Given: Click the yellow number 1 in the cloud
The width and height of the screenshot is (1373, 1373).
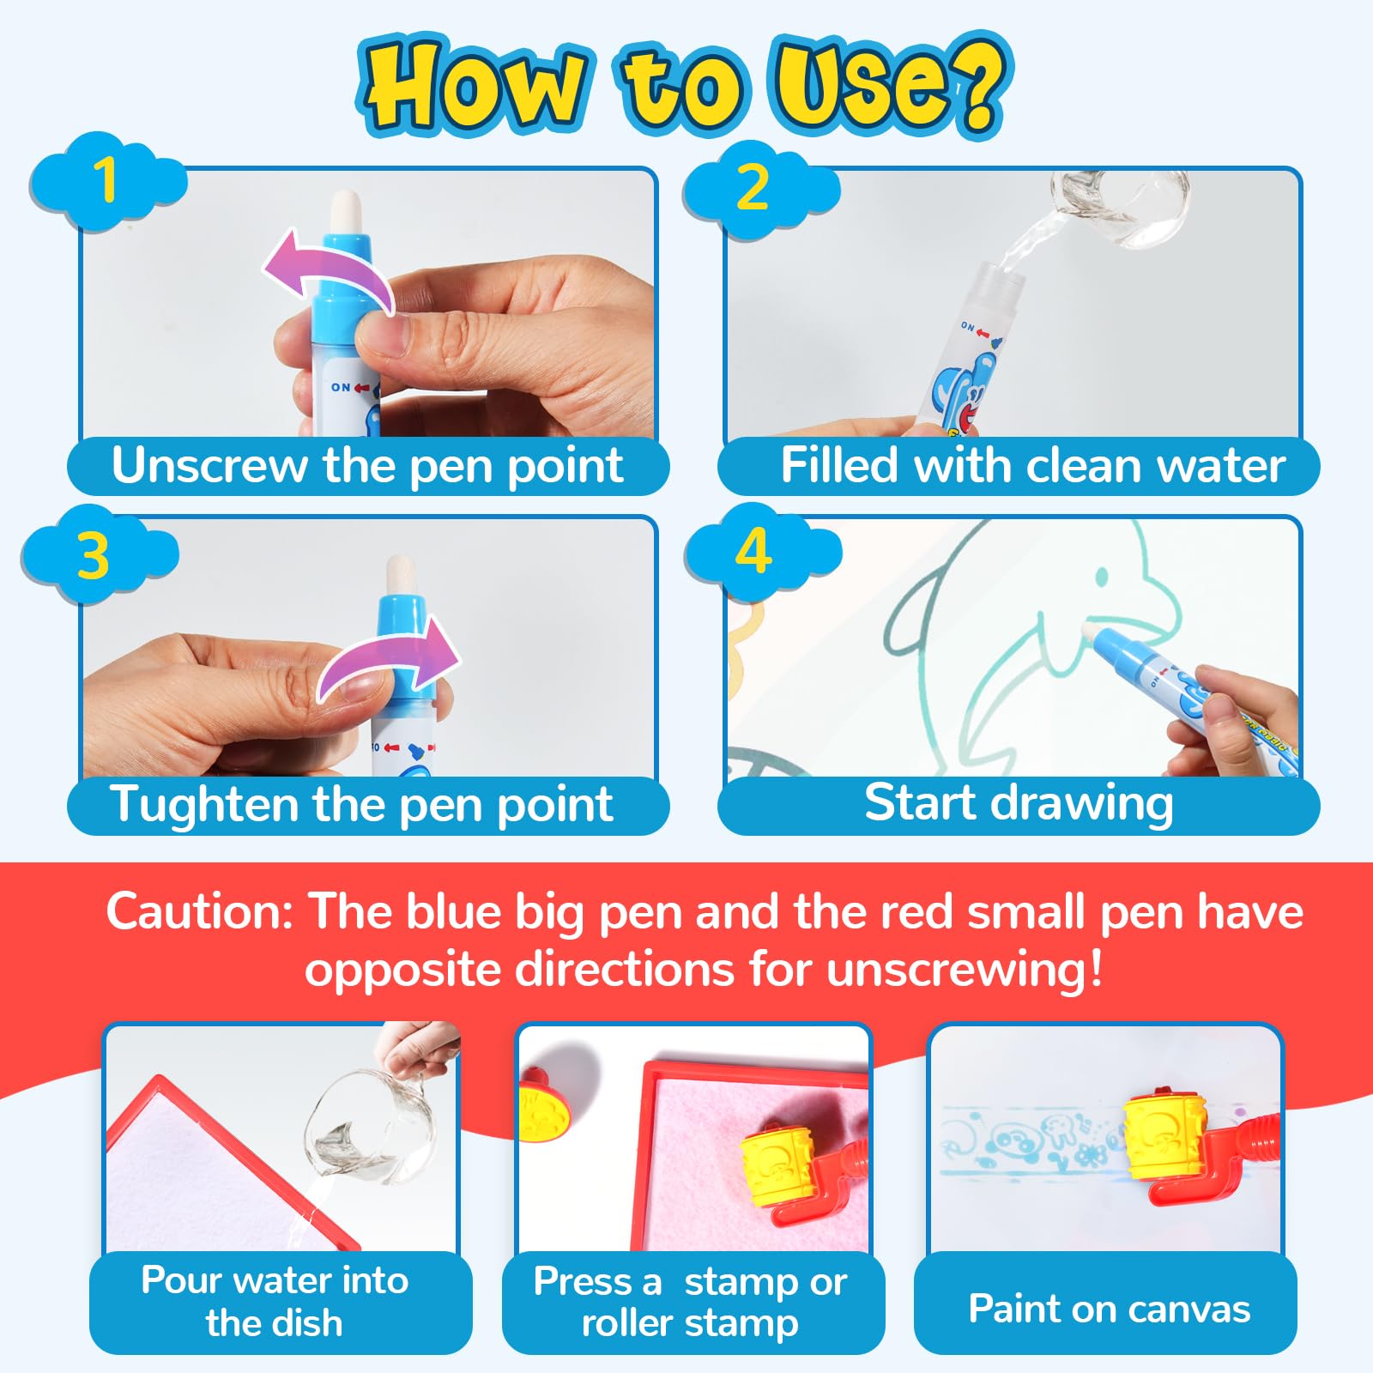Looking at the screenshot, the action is (x=106, y=180).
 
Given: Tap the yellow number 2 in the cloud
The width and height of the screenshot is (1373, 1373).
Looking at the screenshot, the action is (x=753, y=187).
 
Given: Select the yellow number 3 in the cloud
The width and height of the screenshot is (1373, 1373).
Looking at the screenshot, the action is (x=93, y=555).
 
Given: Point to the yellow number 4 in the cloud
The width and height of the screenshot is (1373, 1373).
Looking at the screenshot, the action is (x=753, y=551).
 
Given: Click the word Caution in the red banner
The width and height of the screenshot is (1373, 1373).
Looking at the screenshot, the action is (x=200, y=911).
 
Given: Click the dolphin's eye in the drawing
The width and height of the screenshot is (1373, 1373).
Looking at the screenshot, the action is (x=1102, y=578).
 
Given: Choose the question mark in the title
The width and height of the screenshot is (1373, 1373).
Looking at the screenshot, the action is (x=977, y=82).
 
